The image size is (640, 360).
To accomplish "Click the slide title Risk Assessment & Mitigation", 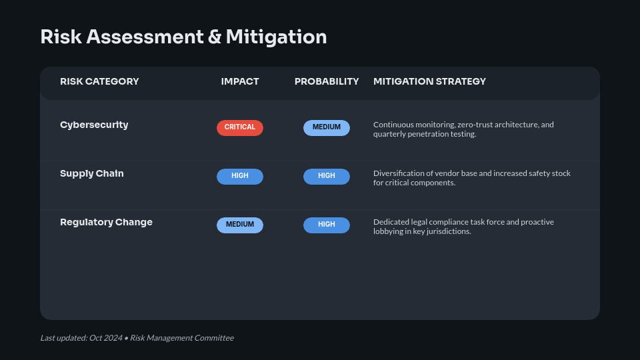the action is (183, 37).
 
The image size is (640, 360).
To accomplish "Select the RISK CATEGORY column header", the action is (99, 81).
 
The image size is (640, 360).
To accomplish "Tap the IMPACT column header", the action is (240, 81).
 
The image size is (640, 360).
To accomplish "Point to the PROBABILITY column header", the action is (327, 81).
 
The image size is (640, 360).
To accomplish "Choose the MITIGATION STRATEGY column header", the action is (429, 81).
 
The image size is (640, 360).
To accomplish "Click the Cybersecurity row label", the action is (94, 125).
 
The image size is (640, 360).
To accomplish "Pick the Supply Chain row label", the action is (92, 173).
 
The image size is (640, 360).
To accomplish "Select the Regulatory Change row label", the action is (106, 222).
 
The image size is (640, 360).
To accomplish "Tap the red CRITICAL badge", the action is (240, 128).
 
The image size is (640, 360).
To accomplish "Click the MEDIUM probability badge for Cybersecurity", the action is (327, 128).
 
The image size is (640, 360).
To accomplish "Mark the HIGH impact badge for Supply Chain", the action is (240, 176).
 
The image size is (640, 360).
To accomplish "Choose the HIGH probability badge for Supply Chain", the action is (327, 176).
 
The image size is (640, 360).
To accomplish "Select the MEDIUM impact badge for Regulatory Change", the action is (240, 225).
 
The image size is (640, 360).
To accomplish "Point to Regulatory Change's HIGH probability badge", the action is (327, 225).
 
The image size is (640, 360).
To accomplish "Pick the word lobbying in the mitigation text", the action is (389, 231).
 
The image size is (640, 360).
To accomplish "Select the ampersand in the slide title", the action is (215, 37).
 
